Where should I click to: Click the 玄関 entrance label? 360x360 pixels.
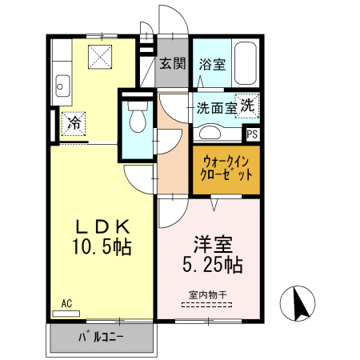tap(171, 64)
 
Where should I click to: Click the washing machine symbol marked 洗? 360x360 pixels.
tap(247, 106)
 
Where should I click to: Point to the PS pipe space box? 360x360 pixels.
tap(252, 134)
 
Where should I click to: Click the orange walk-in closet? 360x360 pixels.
tap(226, 167)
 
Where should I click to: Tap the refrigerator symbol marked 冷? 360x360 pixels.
tap(73, 123)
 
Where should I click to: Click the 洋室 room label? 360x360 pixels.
tap(207, 242)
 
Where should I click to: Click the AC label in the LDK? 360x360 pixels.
tap(66, 305)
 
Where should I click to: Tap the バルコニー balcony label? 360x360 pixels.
tap(101, 336)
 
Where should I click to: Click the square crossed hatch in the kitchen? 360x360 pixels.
tap(102, 56)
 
